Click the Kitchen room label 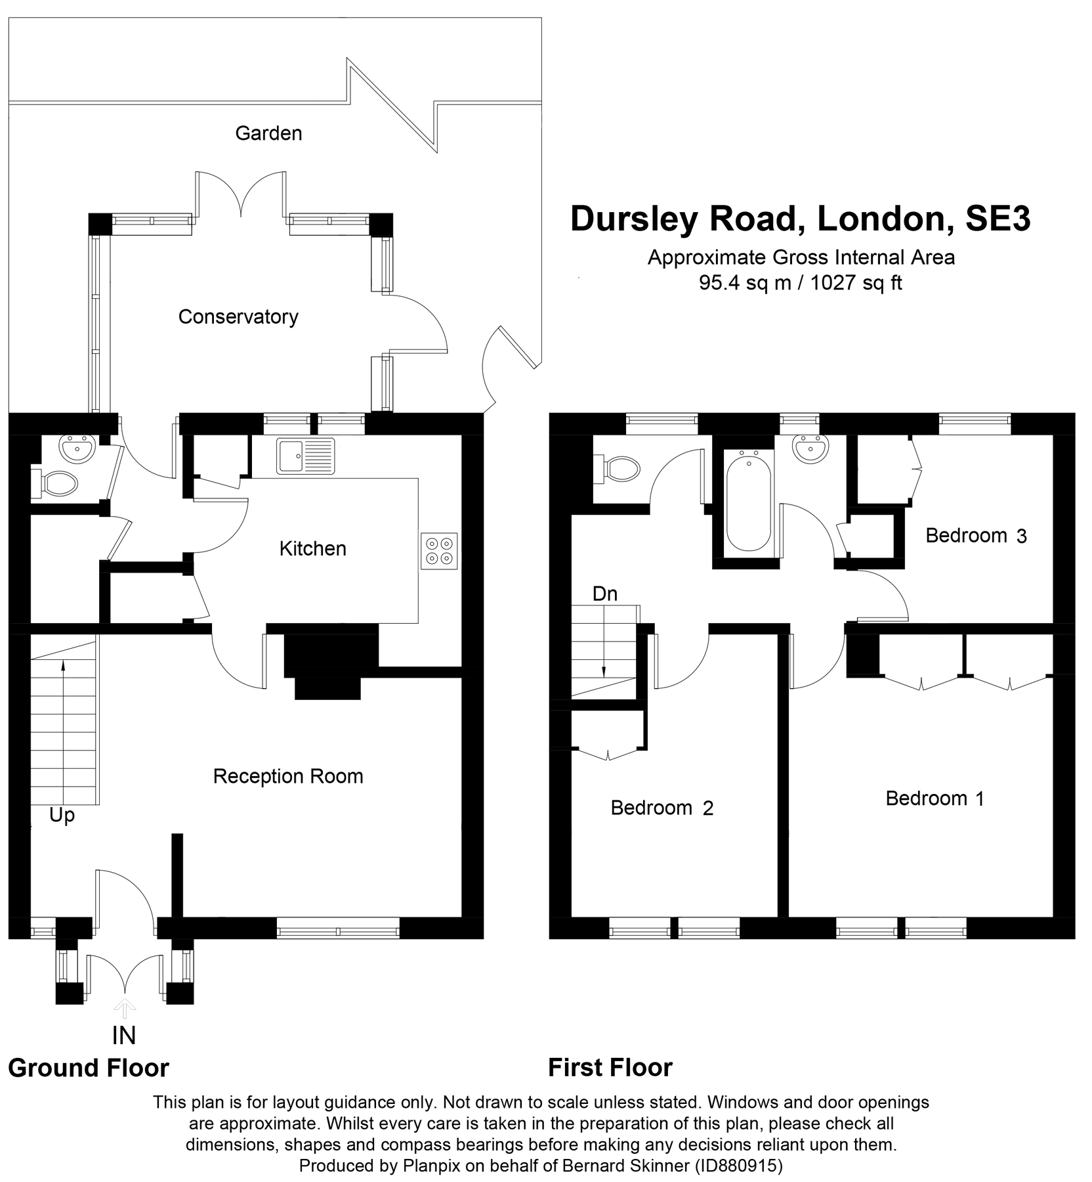tap(312, 548)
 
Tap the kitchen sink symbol tap(305, 456)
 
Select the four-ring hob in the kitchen tap(439, 551)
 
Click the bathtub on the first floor tap(749, 500)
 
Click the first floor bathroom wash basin tap(810, 450)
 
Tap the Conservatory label tap(238, 317)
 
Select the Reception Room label tap(287, 776)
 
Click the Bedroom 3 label tap(975, 536)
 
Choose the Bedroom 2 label tap(661, 808)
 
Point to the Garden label tap(268, 133)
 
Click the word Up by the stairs tap(62, 816)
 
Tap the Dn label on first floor tap(604, 594)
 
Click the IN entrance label tap(123, 1036)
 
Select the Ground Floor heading tap(89, 1068)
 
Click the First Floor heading tap(610, 1068)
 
